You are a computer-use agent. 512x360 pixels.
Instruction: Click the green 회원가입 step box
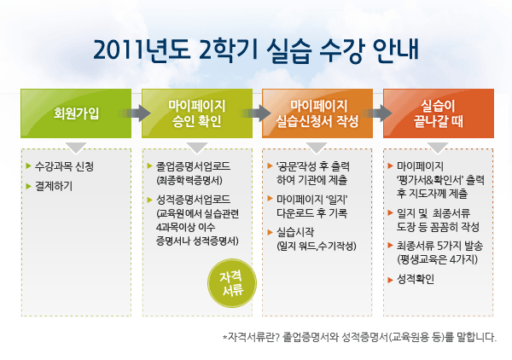point(76,113)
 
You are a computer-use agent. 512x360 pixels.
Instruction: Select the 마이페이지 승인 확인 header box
point(197,113)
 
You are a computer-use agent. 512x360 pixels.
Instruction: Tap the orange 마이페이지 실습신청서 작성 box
point(317,113)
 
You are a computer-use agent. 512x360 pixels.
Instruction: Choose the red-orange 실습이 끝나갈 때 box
point(439,113)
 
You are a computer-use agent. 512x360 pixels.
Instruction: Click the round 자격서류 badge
point(232,283)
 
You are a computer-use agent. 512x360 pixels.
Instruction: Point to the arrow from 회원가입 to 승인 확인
point(137,113)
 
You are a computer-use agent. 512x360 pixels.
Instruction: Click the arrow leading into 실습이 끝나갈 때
point(378,113)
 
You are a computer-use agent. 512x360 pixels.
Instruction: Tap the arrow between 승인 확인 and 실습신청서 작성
point(258,113)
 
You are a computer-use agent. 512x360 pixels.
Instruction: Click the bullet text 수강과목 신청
point(64,166)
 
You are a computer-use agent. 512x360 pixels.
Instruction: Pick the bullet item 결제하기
point(54,186)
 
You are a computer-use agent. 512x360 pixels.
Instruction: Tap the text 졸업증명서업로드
point(193,166)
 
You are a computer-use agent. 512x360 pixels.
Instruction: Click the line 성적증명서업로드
point(193,200)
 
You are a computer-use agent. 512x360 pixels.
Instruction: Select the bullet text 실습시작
point(295,232)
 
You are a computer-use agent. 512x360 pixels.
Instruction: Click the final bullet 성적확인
point(416,279)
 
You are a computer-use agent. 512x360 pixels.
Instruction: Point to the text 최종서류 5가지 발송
point(439,246)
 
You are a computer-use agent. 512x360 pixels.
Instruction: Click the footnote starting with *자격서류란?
point(359,337)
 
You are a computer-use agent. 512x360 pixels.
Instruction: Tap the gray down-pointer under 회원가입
point(76,148)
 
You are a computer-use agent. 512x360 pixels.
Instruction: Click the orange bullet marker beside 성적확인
point(390,280)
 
